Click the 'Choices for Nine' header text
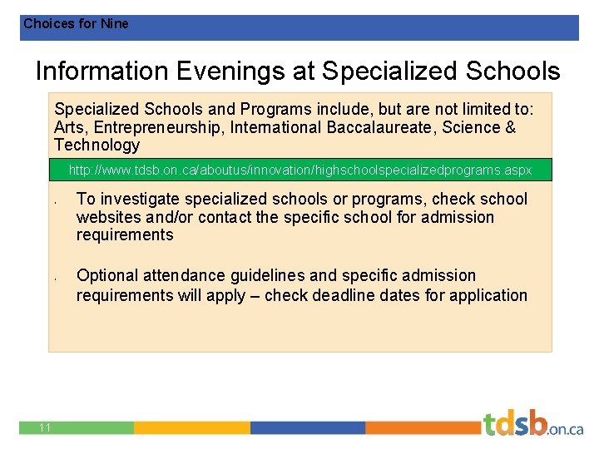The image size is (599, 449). click(x=76, y=24)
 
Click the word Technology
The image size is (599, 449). click(x=97, y=145)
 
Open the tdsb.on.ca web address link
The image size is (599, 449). click(x=299, y=170)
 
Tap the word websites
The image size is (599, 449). click(x=109, y=217)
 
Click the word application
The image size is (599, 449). click(x=483, y=295)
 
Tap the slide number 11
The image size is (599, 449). click(x=45, y=427)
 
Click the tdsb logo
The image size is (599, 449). click(x=532, y=424)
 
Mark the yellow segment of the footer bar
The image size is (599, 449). click(x=191, y=427)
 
